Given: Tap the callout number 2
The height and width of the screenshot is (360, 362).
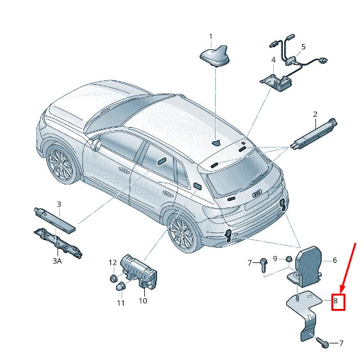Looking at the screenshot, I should (315, 115).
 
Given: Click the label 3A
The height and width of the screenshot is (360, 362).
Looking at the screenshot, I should (57, 262).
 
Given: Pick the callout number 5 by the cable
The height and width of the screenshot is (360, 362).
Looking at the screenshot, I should (303, 47).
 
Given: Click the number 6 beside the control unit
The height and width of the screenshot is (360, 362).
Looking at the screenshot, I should (334, 260).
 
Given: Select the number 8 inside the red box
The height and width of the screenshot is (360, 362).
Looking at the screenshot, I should (335, 301).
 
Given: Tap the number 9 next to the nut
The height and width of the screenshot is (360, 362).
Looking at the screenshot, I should (275, 259).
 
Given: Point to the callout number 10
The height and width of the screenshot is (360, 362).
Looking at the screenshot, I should (143, 301).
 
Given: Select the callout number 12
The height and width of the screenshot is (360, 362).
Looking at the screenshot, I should (112, 262).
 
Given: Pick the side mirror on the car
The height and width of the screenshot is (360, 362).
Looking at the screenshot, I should (96, 145).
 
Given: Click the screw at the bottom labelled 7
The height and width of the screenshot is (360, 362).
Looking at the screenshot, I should (323, 343).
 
